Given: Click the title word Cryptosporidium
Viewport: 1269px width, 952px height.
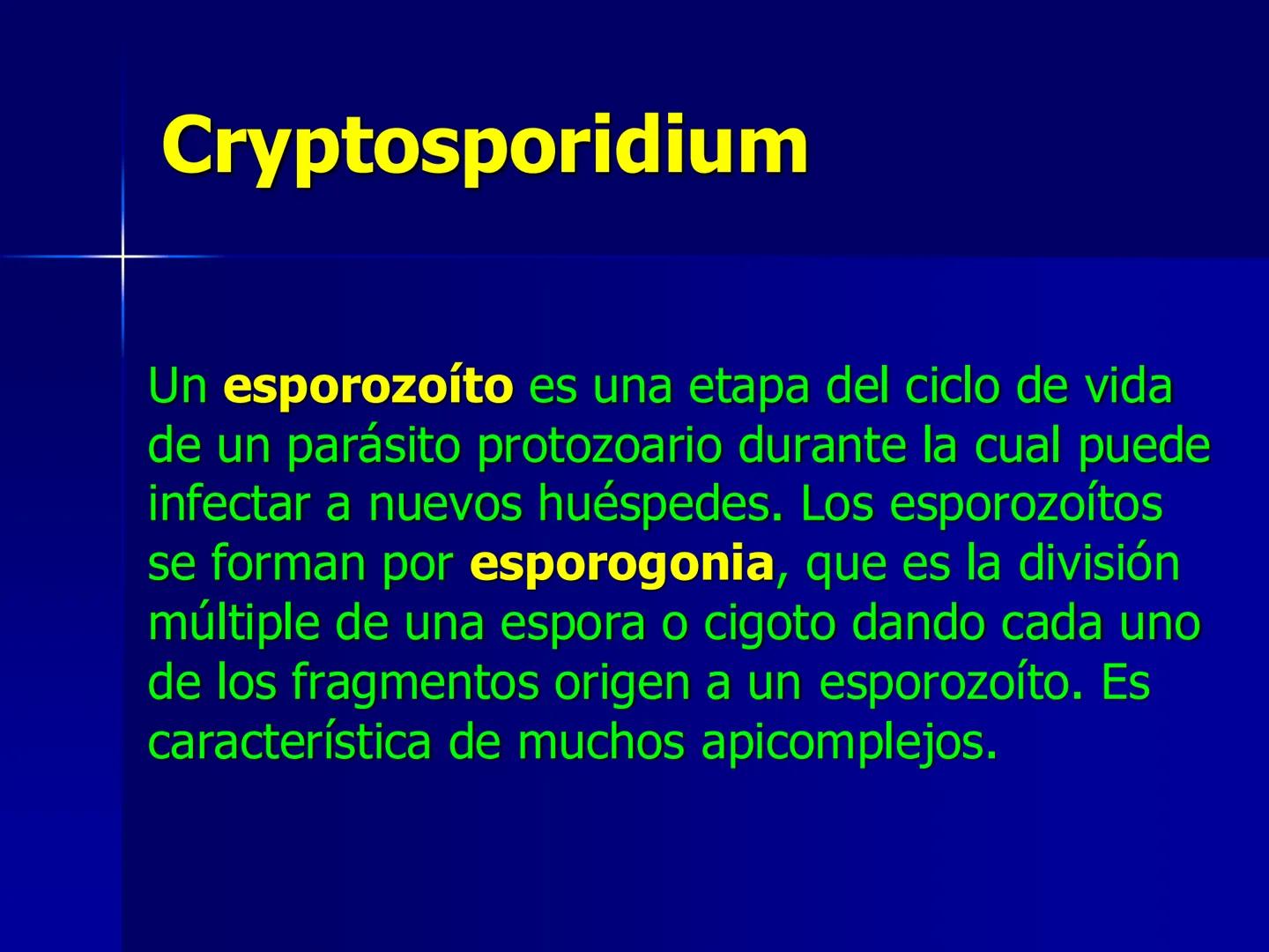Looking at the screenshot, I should tap(485, 145).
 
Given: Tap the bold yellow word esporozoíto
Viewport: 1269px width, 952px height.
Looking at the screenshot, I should tap(367, 387).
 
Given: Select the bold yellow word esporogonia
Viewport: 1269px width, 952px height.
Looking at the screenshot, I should tap(622, 564).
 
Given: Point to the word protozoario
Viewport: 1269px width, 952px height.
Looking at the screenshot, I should tap(599, 447).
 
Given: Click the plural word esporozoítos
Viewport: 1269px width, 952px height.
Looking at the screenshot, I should tap(1026, 505).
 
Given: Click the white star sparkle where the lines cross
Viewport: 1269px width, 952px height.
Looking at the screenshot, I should tap(122, 257).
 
